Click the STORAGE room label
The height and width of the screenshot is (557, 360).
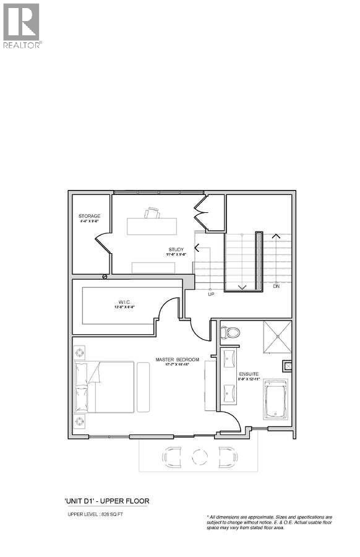click(90, 216)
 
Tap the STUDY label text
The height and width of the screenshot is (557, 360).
click(176, 250)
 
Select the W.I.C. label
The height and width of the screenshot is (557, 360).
click(124, 303)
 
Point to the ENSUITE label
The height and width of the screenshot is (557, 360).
click(249, 374)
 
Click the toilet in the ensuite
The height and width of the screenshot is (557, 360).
click(231, 332)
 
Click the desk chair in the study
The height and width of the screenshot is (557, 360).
click(152, 214)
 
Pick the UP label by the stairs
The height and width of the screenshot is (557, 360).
click(210, 294)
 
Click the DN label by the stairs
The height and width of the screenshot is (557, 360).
click(276, 286)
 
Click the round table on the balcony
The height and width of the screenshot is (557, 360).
click(199, 457)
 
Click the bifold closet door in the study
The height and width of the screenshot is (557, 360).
click(202, 214)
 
